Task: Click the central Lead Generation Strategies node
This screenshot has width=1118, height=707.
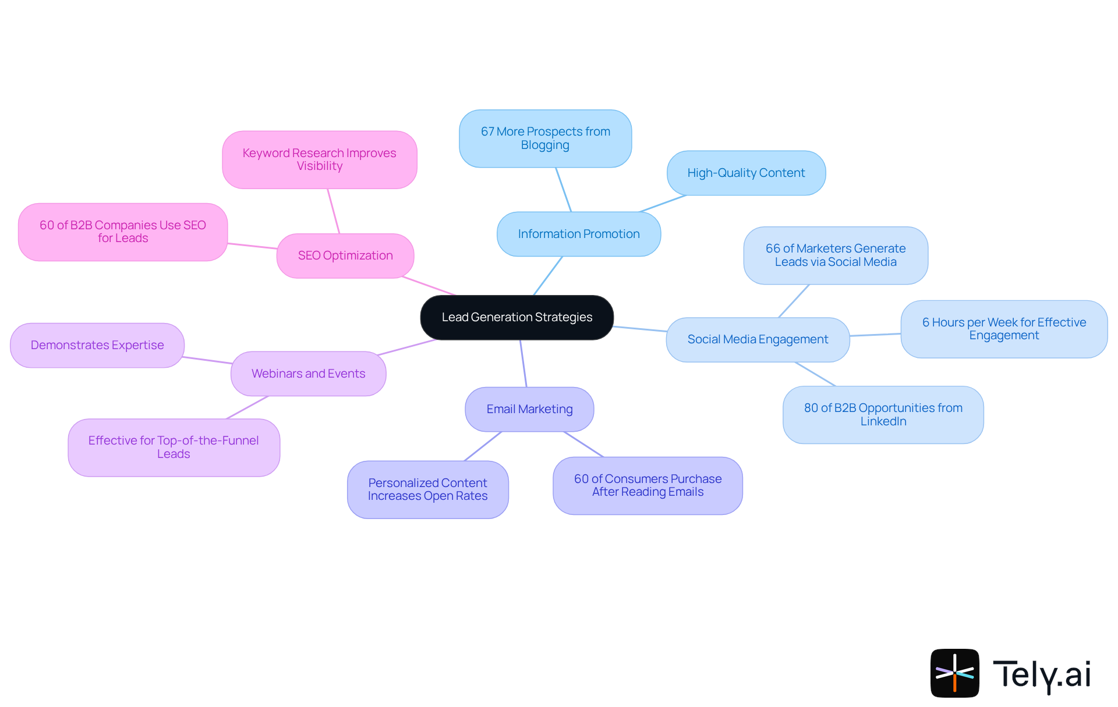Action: (516, 317)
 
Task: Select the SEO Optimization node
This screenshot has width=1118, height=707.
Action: (345, 255)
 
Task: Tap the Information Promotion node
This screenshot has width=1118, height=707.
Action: (578, 234)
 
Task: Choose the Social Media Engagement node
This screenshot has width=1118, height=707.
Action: (758, 339)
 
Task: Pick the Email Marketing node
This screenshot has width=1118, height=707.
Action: (529, 409)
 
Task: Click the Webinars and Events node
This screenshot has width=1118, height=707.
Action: (308, 374)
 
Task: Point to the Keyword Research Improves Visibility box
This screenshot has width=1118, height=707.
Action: (319, 159)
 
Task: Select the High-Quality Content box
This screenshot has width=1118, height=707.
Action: (746, 173)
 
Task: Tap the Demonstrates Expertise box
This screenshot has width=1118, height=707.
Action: (97, 345)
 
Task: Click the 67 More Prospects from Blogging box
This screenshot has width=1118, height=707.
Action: (545, 138)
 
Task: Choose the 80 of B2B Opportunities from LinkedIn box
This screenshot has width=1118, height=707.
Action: (883, 414)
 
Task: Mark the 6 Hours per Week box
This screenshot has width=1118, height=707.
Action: (1004, 329)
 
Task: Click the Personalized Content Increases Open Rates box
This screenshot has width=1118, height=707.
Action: (427, 489)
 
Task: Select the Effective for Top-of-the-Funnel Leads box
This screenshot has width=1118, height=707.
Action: (174, 447)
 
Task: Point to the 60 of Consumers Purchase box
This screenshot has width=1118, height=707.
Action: (648, 485)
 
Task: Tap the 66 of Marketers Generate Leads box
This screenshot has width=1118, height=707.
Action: (835, 255)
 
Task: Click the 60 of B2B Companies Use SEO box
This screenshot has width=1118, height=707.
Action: (123, 232)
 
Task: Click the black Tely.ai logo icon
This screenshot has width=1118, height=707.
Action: (954, 673)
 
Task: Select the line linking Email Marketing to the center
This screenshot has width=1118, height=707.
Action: (523, 364)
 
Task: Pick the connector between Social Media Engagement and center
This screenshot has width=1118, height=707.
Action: (640, 329)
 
